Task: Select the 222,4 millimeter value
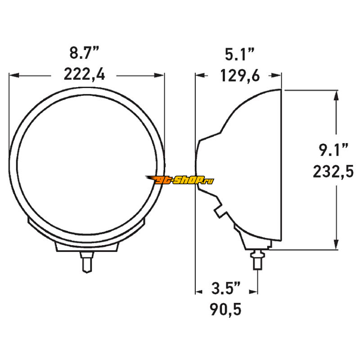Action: pyautogui.click(x=84, y=74)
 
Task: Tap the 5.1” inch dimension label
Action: pyautogui.click(x=239, y=54)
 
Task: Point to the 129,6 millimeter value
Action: pyautogui.click(x=240, y=76)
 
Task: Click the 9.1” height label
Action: pyautogui.click(x=333, y=149)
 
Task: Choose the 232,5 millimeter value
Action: pyautogui.click(x=333, y=172)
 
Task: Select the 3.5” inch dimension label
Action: pyautogui.click(x=226, y=288)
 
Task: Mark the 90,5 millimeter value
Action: pyautogui.click(x=225, y=310)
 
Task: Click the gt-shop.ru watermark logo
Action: pyautogui.click(x=180, y=180)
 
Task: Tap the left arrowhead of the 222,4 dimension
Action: pyautogui.click(x=14, y=75)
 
